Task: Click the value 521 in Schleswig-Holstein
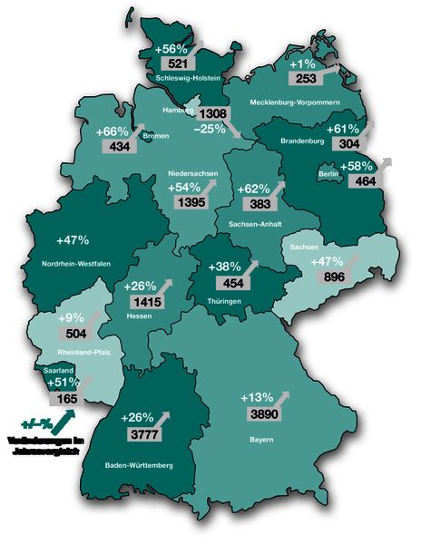tap(172, 64)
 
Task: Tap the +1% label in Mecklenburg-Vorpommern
tap(304, 65)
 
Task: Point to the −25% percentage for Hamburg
tap(210, 129)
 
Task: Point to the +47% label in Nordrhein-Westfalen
tap(72, 240)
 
